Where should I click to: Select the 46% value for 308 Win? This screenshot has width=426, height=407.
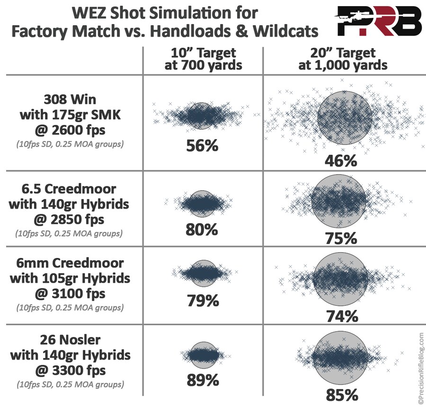click(340, 161)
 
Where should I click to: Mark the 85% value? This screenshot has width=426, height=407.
click(340, 394)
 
